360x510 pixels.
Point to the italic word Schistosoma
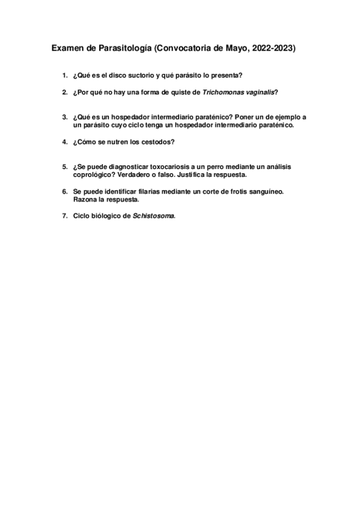click(153, 216)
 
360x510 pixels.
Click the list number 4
click(64, 142)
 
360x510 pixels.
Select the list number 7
click(64, 216)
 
